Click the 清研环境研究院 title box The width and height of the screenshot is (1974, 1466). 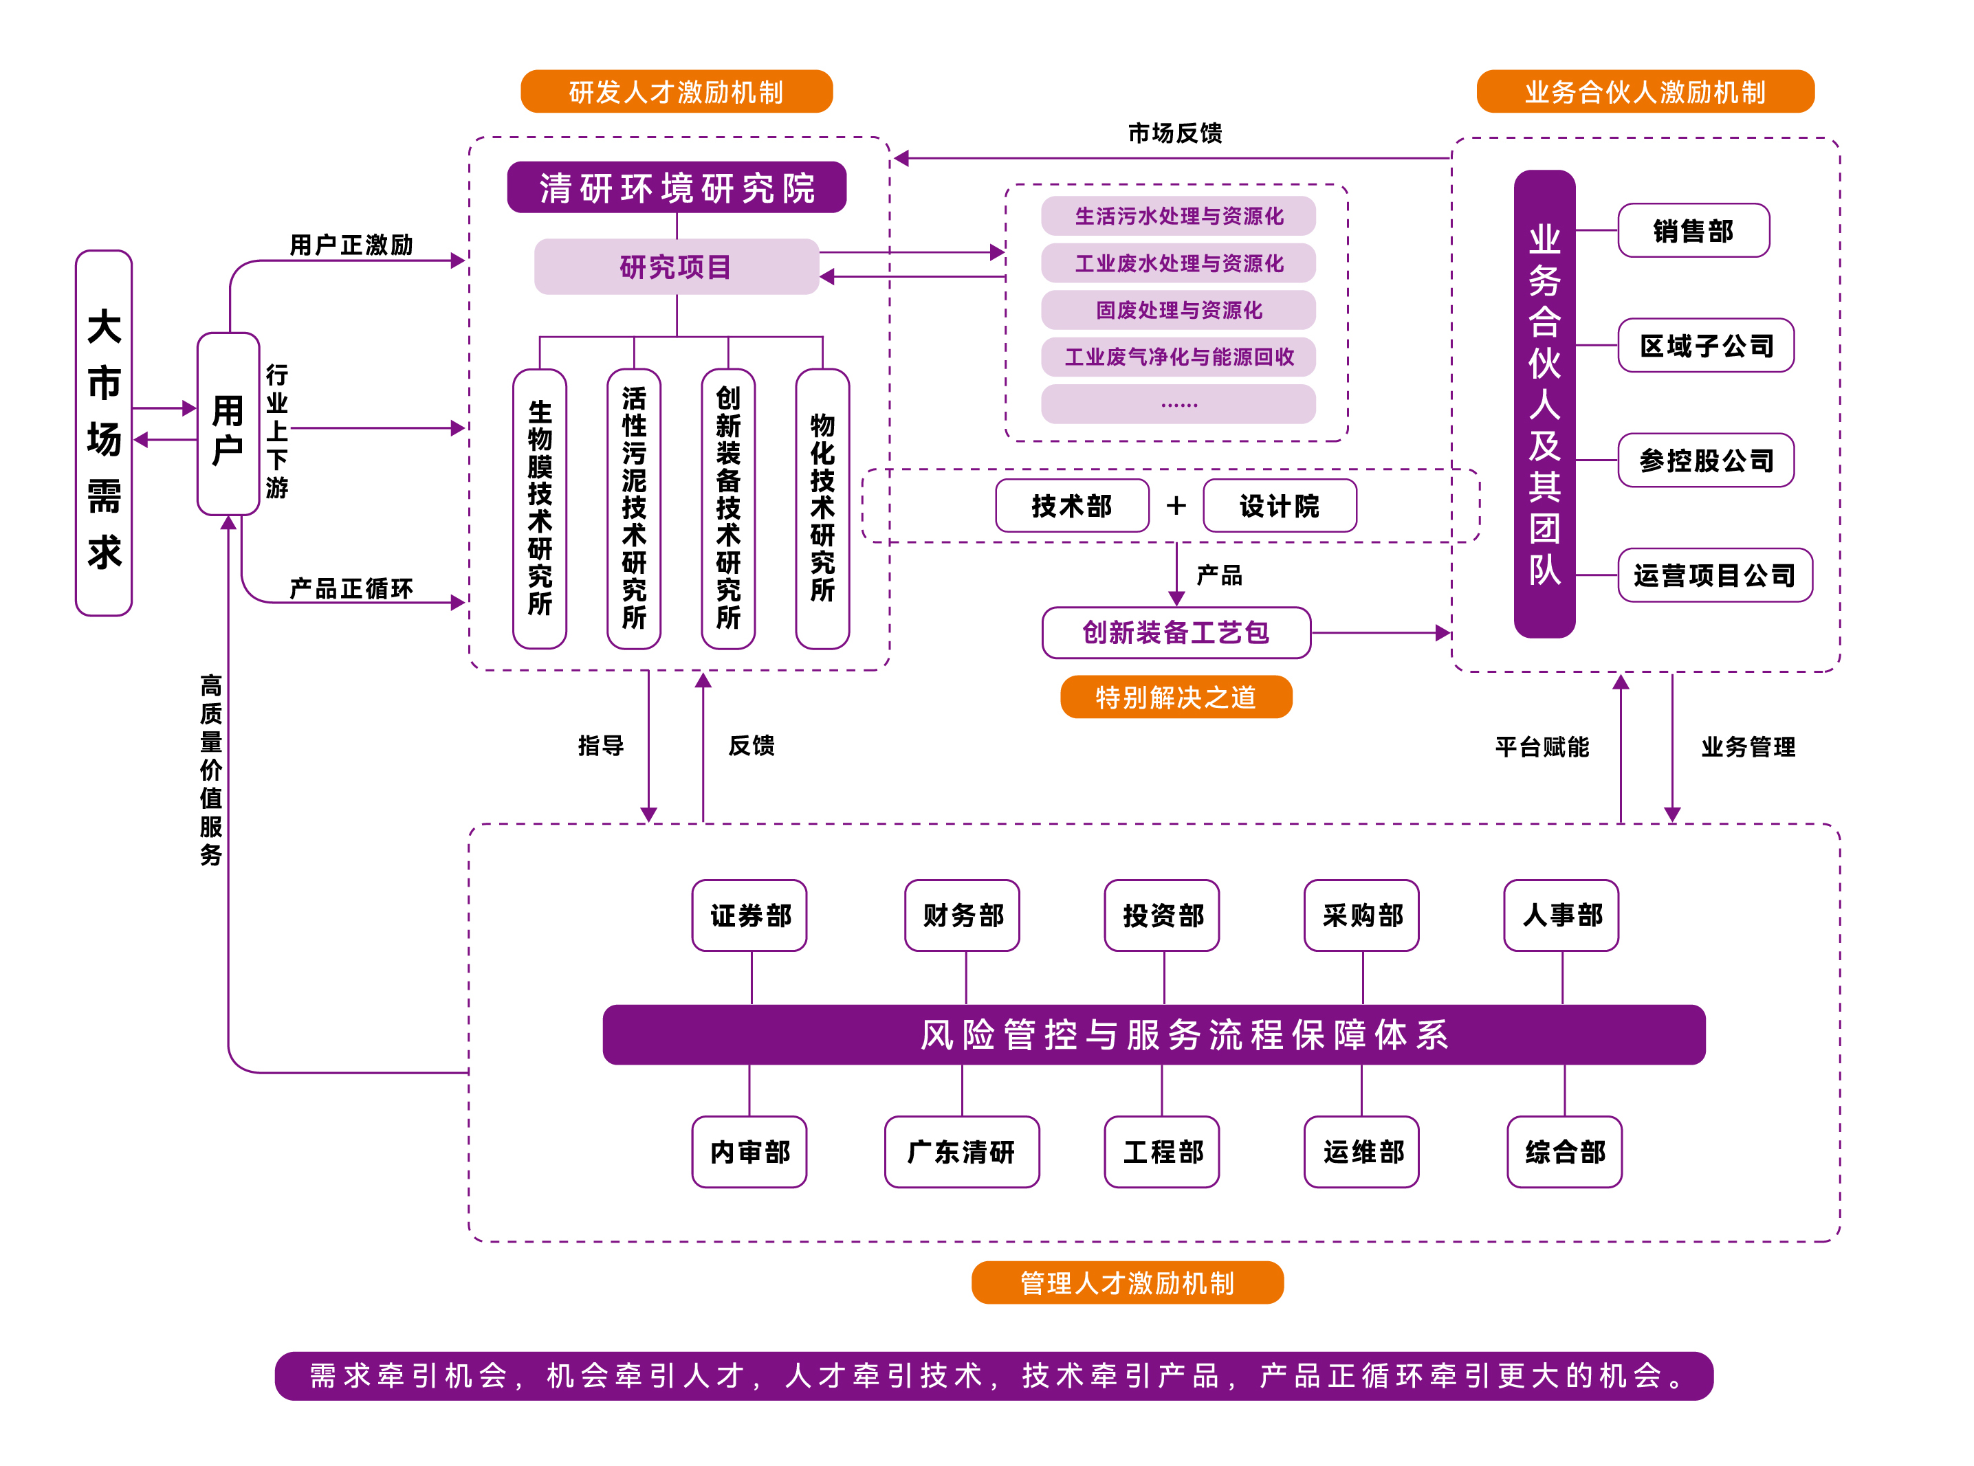tap(677, 187)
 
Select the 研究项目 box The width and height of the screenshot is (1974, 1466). tap(677, 266)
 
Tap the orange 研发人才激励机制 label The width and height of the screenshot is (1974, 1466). tap(677, 91)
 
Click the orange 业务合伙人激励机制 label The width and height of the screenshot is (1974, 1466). tap(1645, 91)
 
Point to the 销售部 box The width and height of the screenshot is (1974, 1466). tap(1693, 231)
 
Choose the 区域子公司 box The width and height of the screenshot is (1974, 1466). tap(1705, 345)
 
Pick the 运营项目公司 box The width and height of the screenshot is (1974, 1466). tap(1714, 575)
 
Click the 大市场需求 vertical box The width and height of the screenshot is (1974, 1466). tap(104, 433)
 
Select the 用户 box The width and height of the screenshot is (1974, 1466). tap(228, 424)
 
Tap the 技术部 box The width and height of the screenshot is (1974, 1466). tap(1071, 506)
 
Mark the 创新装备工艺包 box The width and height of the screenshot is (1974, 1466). tap(1176, 633)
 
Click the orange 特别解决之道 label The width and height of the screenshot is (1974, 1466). tap(1176, 698)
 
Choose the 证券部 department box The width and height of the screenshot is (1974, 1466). tap(749, 915)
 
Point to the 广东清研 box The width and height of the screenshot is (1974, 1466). tap(961, 1152)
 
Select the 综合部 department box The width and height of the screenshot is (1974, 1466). tap(1564, 1152)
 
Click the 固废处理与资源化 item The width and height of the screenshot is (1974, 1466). tap(1178, 310)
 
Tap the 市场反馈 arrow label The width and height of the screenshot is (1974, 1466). tap(1174, 133)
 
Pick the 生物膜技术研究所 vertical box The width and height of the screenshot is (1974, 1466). tap(540, 509)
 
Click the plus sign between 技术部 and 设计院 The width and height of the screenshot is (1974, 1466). tap(1176, 506)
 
